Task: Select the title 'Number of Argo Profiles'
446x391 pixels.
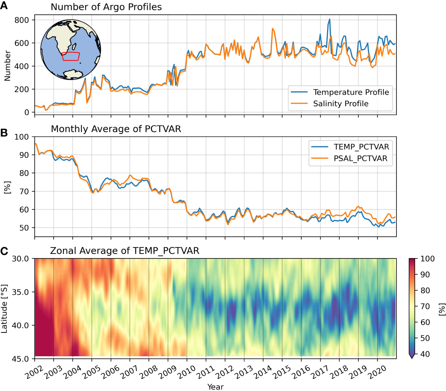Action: point(106,7)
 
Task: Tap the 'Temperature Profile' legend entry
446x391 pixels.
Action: point(351,92)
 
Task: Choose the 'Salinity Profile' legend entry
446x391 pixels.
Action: point(341,104)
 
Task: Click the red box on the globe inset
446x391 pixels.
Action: point(71,56)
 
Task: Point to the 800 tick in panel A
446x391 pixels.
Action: point(22,20)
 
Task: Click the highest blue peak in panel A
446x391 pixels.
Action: point(329,19)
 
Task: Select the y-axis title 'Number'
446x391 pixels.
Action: point(7,66)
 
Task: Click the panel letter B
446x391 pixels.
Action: point(4,133)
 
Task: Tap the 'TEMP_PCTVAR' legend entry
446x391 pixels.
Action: point(361,147)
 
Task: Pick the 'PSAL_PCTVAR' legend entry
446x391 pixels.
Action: point(360,159)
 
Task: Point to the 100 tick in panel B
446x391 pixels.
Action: point(22,137)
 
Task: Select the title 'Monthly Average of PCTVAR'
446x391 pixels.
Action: point(116,129)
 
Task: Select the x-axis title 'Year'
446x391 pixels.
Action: point(215,386)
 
